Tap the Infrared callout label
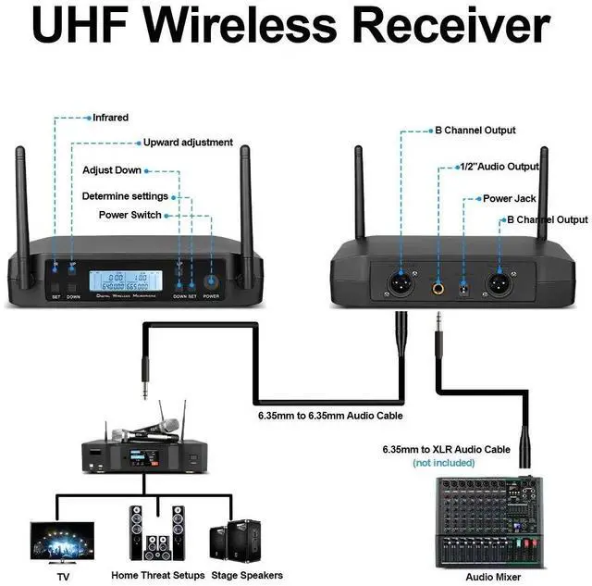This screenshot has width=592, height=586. click(110, 118)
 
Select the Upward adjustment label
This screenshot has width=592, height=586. click(187, 143)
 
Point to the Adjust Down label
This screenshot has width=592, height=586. click(112, 170)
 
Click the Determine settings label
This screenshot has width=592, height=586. click(125, 196)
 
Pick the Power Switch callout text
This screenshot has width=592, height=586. click(129, 215)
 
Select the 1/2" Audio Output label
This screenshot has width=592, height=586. click(499, 168)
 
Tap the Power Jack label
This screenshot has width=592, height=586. click(509, 198)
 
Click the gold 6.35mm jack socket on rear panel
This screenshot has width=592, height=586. click(438, 290)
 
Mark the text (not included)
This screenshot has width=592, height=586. click(443, 462)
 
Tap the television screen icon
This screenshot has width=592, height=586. click(61, 538)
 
